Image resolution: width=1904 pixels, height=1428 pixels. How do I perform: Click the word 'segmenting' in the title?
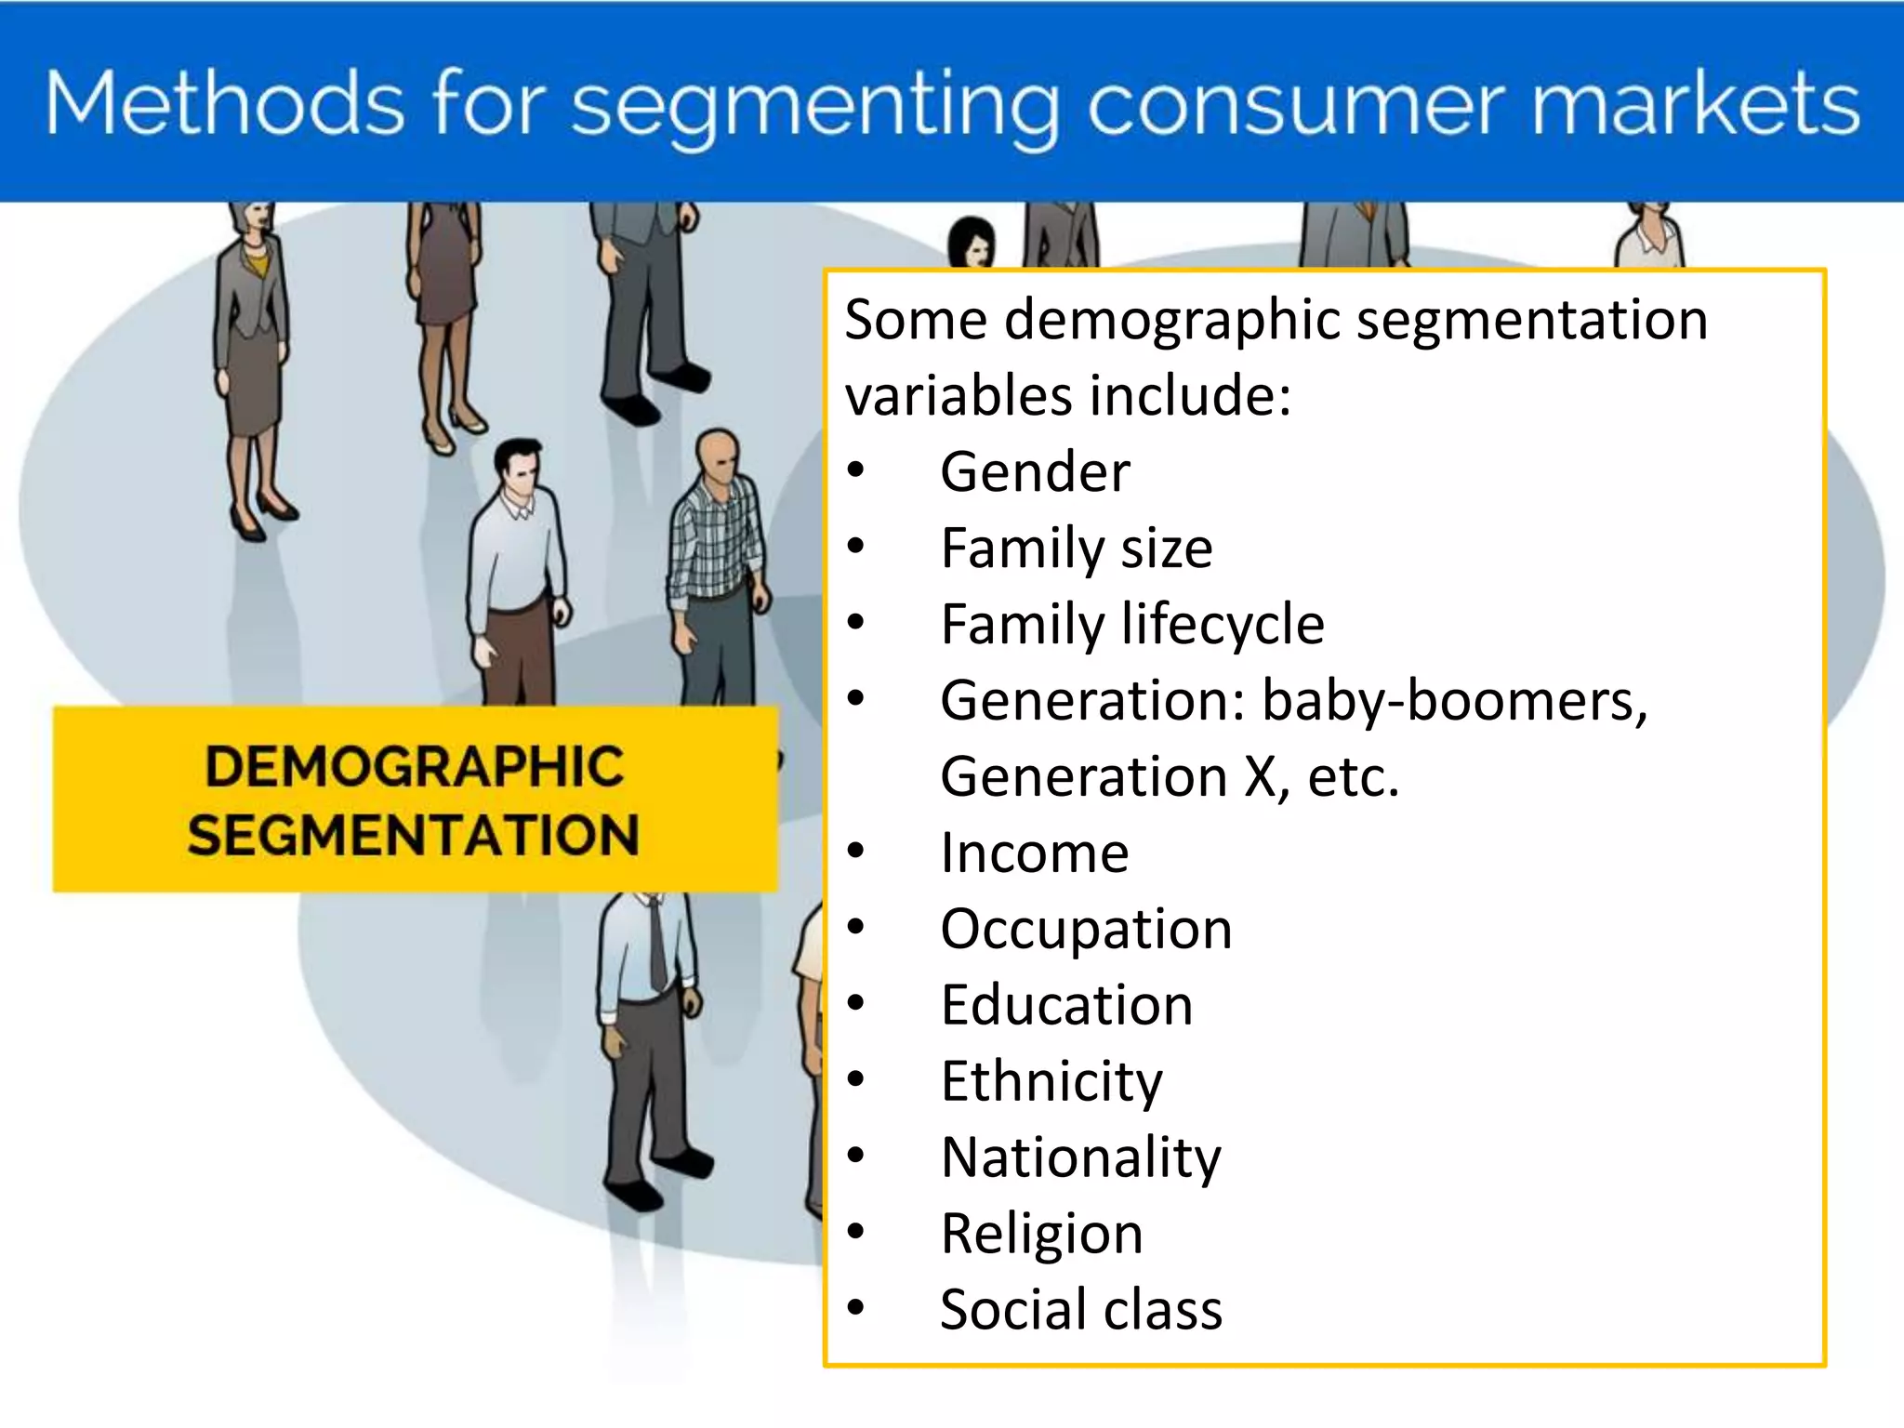814,104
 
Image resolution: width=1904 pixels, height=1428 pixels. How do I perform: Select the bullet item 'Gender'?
1035,471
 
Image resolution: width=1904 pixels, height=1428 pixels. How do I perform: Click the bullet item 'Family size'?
1076,548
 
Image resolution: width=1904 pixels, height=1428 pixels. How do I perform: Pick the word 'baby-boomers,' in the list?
1454,700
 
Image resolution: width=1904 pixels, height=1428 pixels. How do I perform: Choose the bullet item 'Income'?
1034,853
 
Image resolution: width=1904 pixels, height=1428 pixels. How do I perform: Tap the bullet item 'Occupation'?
1085,929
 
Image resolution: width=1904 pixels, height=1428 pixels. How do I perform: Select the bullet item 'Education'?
1066,1005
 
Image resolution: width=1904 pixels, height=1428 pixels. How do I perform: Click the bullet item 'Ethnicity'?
1051,1081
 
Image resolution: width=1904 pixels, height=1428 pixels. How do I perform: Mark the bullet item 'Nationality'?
1080,1157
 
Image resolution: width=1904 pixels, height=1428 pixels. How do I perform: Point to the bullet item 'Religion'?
1041,1234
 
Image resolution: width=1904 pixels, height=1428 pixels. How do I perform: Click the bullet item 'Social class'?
1080,1310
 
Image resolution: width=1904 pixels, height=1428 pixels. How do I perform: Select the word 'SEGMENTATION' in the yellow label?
414,834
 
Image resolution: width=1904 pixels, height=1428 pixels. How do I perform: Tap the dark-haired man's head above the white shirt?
517,465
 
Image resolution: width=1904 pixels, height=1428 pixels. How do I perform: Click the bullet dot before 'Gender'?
855,471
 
